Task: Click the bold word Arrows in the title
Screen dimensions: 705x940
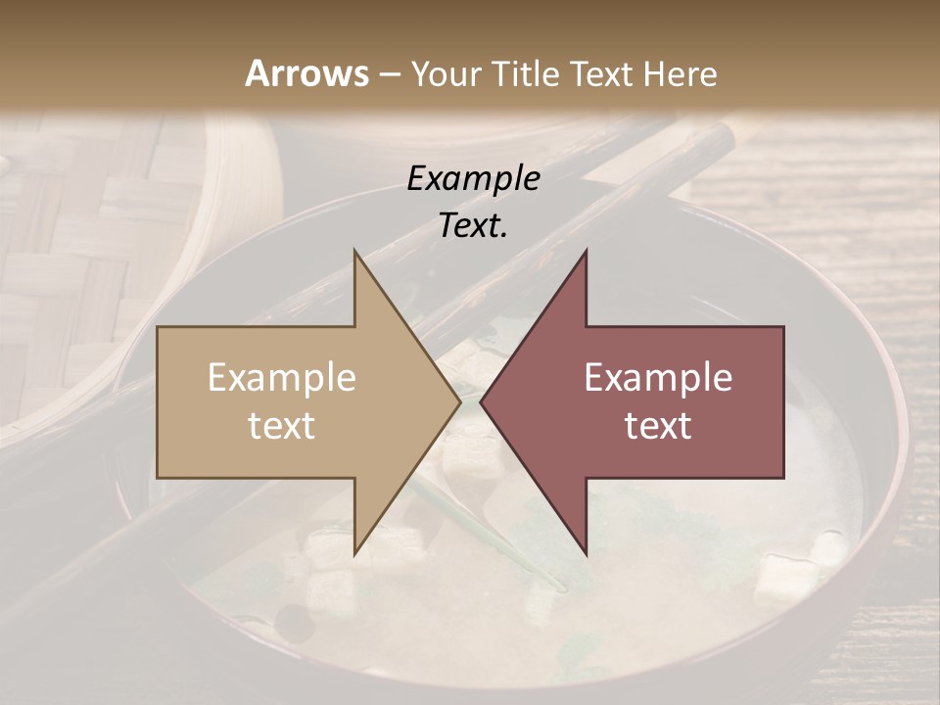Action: [x=307, y=73]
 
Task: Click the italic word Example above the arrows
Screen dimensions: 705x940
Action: [x=474, y=179]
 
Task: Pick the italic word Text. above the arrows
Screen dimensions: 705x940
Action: [x=474, y=226]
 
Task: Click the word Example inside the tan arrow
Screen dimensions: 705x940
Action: [x=282, y=378]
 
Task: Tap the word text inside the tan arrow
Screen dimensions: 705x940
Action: [x=282, y=426]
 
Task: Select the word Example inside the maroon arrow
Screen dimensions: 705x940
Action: [x=658, y=378]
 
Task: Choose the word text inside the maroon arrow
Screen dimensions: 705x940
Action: [x=658, y=426]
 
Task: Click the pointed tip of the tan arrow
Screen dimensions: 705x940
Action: [x=460, y=402]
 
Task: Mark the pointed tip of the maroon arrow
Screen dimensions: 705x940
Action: [x=481, y=402]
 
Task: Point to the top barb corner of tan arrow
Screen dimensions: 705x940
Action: [x=354, y=252]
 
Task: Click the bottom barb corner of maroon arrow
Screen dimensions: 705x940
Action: [x=587, y=554]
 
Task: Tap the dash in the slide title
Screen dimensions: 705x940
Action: [x=389, y=74]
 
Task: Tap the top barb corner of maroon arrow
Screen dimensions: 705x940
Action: [x=587, y=252]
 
